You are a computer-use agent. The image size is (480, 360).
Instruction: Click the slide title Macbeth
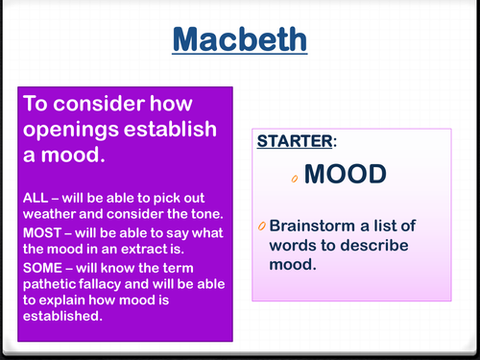[240, 40]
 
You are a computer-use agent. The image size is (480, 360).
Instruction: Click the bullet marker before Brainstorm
[262, 227]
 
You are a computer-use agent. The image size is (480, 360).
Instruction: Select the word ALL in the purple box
[36, 197]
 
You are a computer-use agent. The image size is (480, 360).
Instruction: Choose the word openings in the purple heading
[71, 130]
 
